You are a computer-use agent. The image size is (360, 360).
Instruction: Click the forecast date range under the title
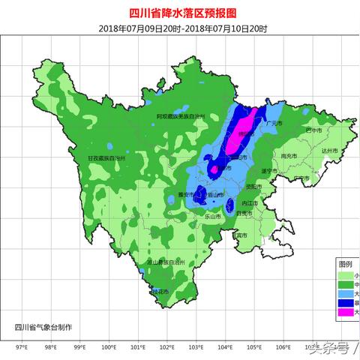click(180, 28)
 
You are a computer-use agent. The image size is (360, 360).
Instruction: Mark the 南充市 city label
click(288, 156)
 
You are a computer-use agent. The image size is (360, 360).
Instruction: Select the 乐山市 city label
click(215, 216)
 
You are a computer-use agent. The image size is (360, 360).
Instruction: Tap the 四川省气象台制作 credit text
click(44, 326)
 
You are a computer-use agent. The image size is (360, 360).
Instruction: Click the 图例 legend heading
click(345, 265)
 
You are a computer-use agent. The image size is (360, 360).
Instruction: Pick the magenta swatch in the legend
click(345, 311)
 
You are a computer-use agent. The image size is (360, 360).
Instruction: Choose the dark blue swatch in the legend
click(345, 302)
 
